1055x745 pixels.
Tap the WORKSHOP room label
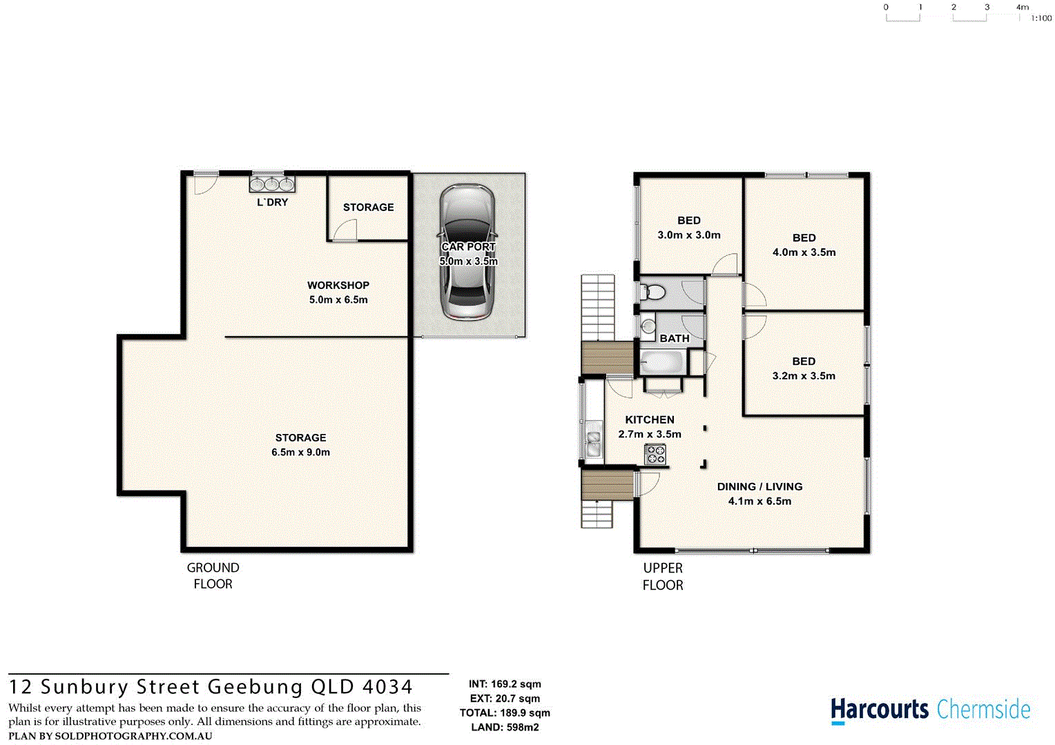[338, 285]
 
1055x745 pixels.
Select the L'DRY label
[273, 202]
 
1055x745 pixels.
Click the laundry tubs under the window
[272, 184]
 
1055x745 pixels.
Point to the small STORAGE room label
[368, 207]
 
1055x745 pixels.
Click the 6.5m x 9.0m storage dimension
[300, 453]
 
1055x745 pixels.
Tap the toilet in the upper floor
[652, 292]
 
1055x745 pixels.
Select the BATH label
[675, 338]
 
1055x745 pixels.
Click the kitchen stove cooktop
[655, 455]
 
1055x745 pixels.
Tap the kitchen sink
[592, 444]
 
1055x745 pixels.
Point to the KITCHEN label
[650, 419]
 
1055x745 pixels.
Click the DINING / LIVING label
[759, 486]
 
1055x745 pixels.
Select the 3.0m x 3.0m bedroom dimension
[688, 235]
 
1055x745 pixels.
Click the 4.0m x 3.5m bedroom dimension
[804, 252]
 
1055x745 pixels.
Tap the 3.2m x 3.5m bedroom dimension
[804, 376]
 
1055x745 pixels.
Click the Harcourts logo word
[880, 710]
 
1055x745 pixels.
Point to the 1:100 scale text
[1041, 19]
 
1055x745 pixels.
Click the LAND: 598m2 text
[505, 727]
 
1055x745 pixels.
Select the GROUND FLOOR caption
[213, 575]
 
